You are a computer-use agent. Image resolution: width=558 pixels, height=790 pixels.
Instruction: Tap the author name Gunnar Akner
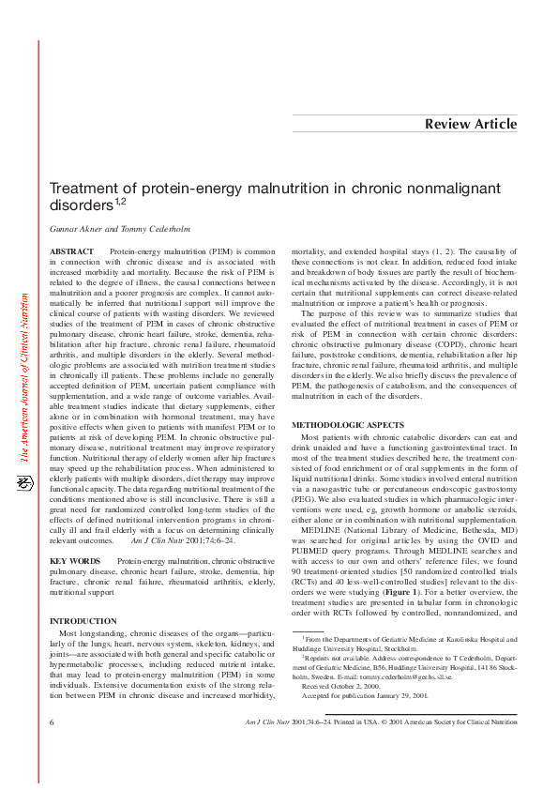79,229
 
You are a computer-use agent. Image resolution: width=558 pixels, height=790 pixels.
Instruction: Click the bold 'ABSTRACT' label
71,252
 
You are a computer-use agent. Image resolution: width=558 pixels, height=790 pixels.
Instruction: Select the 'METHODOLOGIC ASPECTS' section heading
349,426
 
